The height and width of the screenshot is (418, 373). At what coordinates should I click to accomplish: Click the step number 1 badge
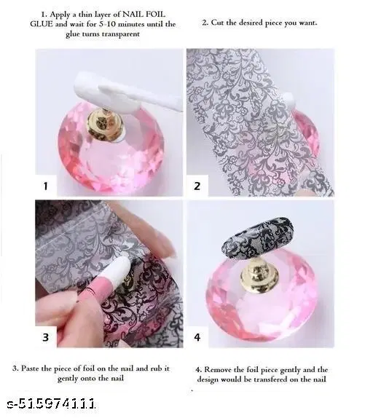(45, 186)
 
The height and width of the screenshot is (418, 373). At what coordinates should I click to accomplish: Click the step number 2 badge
(197, 186)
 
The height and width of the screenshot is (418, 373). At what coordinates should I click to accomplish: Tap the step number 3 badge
(45, 336)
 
